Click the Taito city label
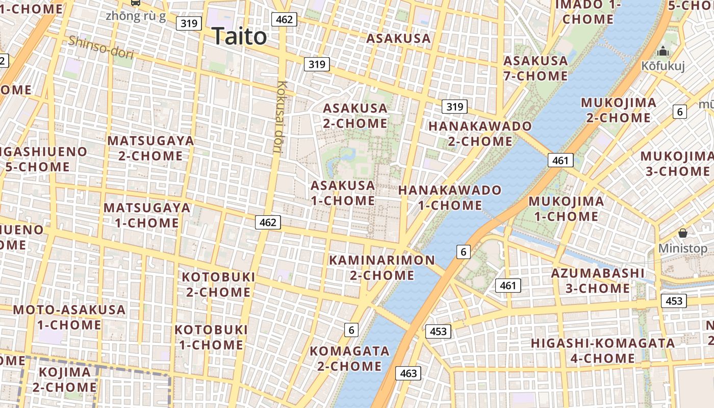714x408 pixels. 239,36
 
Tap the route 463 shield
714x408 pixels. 409,373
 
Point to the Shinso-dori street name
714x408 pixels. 100,47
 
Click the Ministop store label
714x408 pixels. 682,248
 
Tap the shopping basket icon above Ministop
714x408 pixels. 683,233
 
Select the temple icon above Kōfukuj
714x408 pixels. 663,51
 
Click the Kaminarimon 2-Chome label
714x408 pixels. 382,267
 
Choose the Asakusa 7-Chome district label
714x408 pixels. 535,68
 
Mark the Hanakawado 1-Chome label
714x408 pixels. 450,197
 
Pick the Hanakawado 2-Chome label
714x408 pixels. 480,133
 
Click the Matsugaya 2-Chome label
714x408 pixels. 150,148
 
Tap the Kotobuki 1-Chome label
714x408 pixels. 211,337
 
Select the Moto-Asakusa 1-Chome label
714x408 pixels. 69,317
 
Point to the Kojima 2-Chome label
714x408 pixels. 65,379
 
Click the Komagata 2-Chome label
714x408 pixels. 349,359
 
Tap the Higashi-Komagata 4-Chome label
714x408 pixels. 603,350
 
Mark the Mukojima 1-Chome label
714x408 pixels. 566,209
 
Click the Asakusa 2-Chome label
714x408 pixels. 355,116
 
